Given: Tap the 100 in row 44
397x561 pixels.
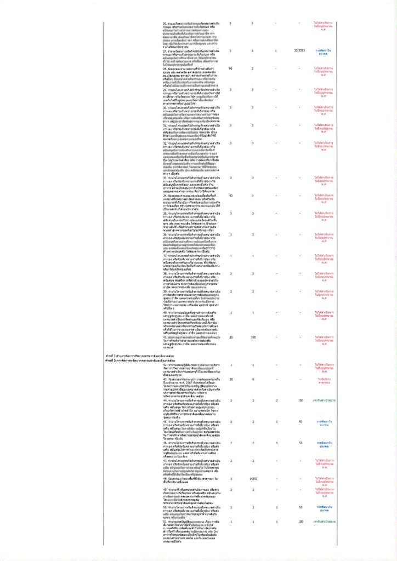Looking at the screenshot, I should (300, 400).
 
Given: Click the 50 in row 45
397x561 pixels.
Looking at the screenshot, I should (300, 421).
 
